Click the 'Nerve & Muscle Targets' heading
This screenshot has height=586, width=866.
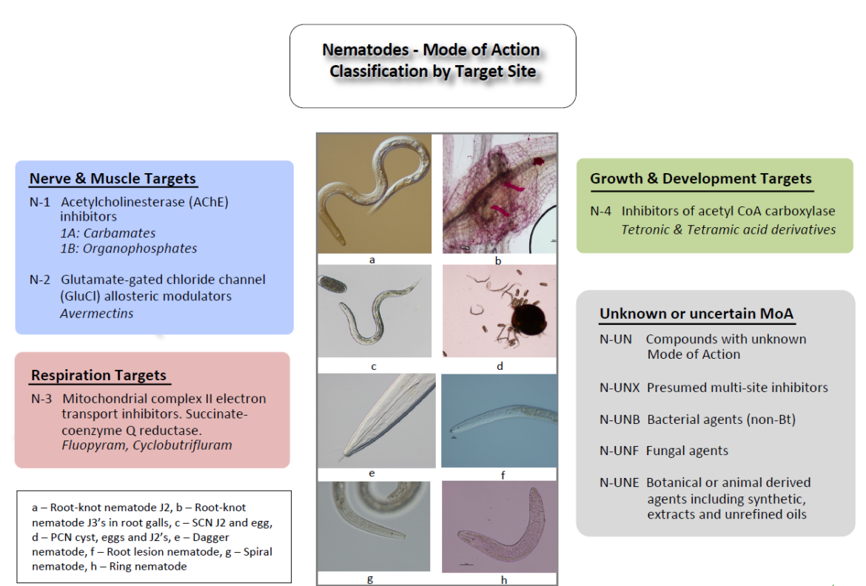click(x=113, y=178)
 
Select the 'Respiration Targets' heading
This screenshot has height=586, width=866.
click(x=98, y=375)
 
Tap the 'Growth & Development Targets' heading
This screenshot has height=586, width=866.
click(x=700, y=178)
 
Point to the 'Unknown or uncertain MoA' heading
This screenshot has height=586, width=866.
click(x=696, y=314)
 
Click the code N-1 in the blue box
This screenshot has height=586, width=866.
click(x=39, y=201)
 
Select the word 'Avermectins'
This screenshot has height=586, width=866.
click(x=97, y=313)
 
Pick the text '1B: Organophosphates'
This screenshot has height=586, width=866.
click(x=129, y=249)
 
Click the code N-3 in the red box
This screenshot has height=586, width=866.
click(x=41, y=399)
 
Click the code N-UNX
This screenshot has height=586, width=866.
click(x=620, y=388)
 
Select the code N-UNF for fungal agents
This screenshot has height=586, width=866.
click(x=619, y=451)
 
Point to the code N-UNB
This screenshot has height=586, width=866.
click(x=620, y=420)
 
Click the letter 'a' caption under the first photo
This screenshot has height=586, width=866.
click(x=372, y=260)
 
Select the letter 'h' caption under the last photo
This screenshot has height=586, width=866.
click(x=503, y=580)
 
